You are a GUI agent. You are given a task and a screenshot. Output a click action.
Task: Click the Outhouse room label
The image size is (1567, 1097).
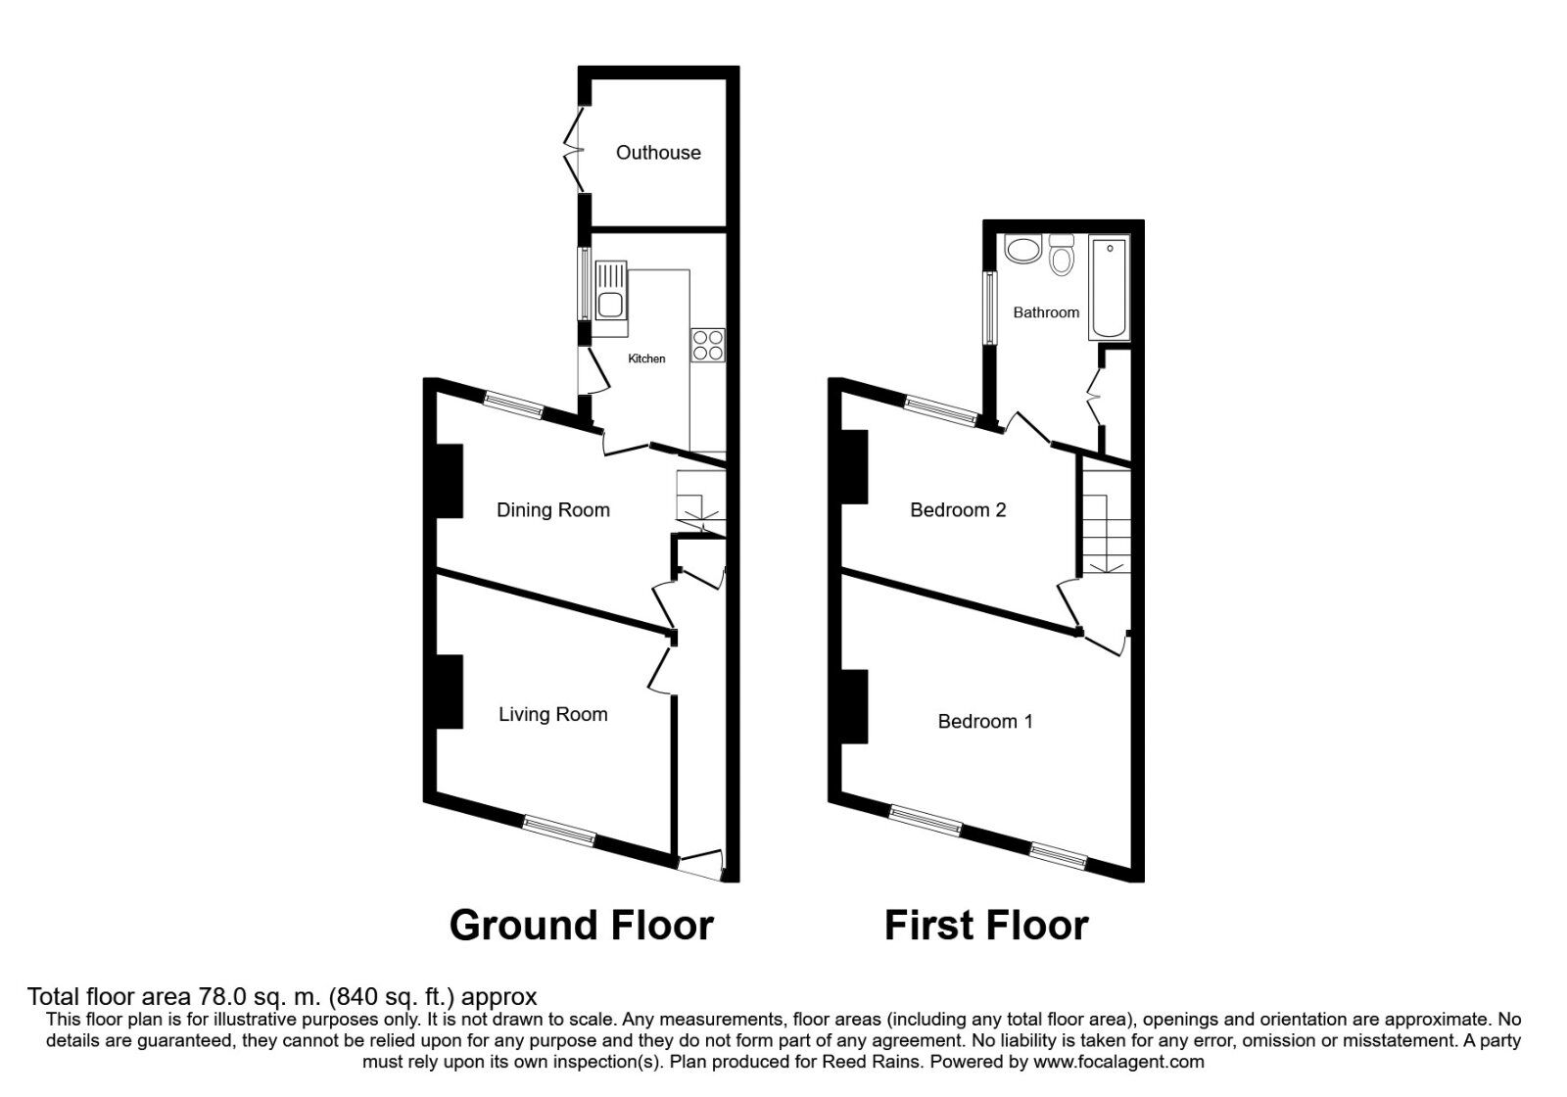click(658, 152)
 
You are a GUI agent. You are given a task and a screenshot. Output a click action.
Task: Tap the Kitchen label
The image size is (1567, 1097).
click(646, 358)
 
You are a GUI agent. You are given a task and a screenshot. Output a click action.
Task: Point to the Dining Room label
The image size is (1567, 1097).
click(552, 509)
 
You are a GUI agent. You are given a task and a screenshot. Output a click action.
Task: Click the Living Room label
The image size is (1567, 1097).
click(552, 714)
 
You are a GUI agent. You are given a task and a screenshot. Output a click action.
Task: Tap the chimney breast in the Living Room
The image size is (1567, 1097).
click(449, 692)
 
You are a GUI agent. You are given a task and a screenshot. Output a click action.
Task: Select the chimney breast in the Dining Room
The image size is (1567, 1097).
click(449, 480)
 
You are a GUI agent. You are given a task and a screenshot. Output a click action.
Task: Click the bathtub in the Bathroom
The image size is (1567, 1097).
click(1109, 287)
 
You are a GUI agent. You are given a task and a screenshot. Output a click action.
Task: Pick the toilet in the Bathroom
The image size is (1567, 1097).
click(1061, 257)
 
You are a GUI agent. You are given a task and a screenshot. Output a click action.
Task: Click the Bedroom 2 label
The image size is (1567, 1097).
click(958, 509)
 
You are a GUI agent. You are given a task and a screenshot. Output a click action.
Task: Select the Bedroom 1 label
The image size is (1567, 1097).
click(984, 721)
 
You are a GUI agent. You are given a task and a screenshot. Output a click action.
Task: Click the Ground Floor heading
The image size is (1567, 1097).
click(581, 925)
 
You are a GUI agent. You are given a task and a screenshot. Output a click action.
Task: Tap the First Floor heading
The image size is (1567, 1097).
click(986, 925)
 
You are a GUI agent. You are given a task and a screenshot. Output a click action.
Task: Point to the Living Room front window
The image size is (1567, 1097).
click(559, 831)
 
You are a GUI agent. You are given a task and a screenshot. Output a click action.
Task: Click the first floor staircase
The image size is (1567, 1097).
click(1106, 519)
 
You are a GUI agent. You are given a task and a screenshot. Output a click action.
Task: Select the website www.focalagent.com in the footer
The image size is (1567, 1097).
click(1118, 1062)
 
